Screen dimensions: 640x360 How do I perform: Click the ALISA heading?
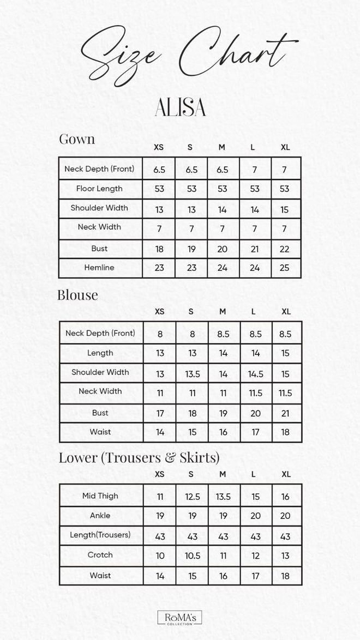coord(180,107)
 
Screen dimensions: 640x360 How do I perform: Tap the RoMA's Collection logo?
coord(179,617)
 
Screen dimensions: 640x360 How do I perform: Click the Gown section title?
coord(77,139)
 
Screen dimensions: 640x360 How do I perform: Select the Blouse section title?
coord(77,295)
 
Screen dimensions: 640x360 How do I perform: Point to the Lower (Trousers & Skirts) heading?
coord(139,457)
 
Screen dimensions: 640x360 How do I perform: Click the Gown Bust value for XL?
coord(285,249)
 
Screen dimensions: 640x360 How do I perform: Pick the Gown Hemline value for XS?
coord(159,268)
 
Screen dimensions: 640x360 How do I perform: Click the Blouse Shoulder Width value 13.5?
coord(192,373)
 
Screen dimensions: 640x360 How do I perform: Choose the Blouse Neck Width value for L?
coord(255,393)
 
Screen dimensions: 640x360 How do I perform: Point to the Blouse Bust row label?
coord(100,413)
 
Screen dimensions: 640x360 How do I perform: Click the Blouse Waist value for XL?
coord(286,432)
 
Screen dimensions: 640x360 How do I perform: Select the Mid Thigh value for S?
coord(193,497)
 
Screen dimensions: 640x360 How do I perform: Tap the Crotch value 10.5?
coord(193,556)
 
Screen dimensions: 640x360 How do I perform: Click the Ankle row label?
coord(100,515)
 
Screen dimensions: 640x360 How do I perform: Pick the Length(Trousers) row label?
coord(100,535)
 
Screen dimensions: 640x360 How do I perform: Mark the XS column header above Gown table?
coord(159,147)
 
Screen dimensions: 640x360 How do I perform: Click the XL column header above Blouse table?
coord(286,311)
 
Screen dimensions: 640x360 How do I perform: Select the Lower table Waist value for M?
coord(223,576)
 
